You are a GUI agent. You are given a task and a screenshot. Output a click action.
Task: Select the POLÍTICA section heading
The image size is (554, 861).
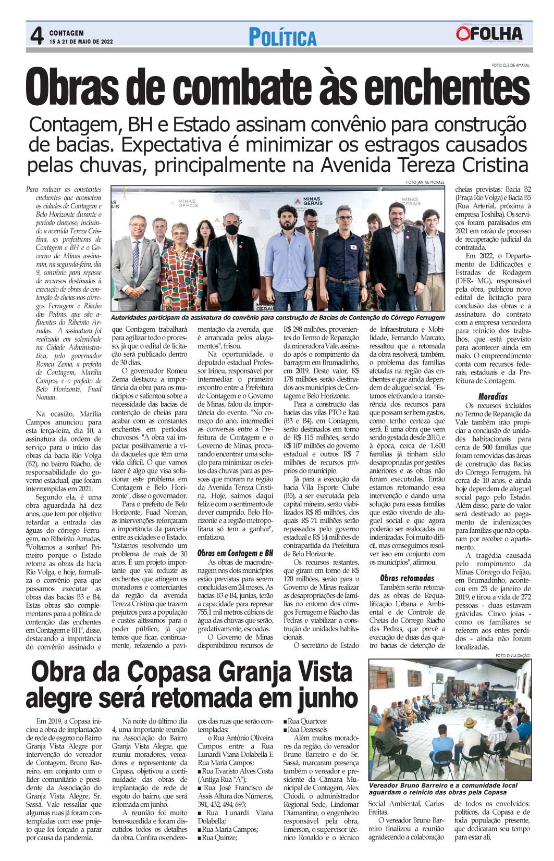point(282,38)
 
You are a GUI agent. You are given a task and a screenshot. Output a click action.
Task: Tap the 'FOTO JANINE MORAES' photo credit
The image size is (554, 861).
point(425,182)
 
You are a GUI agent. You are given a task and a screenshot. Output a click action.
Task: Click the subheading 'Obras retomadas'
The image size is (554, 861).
point(407,578)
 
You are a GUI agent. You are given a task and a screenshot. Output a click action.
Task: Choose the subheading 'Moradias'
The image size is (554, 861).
point(493,396)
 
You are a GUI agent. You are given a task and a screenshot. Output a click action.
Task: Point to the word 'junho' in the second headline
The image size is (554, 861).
point(317,698)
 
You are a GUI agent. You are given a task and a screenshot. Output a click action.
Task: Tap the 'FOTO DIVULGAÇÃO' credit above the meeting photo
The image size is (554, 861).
point(513,655)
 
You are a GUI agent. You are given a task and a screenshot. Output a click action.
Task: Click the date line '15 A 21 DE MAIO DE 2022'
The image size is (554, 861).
point(81,41)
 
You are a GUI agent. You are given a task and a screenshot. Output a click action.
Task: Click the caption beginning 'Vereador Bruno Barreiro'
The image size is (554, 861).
point(442,789)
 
